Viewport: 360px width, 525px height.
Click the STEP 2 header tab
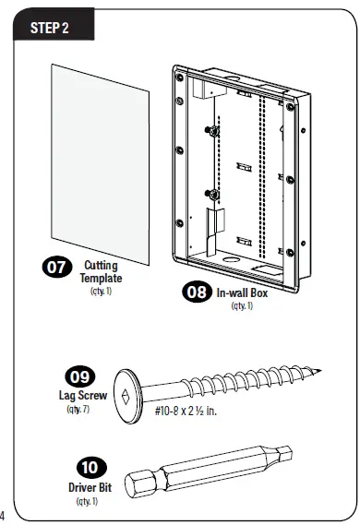51,28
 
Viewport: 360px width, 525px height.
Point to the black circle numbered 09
78,377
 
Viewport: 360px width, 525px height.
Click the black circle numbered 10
90,468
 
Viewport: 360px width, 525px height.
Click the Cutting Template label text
101,271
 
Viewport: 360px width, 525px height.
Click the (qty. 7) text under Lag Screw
78,408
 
